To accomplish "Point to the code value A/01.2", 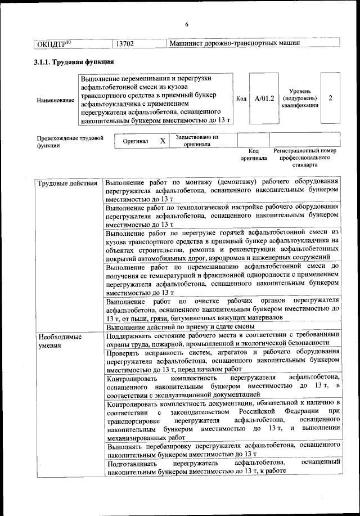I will (264, 98).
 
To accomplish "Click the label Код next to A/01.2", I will (241, 98).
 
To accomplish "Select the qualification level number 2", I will (330, 98).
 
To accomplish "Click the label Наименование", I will (55, 100).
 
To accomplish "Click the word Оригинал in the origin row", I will (136, 141).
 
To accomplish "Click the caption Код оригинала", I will (253, 154).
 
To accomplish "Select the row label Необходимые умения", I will (59, 341).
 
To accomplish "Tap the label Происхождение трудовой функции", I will (70, 141).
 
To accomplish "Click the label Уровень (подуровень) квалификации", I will (301, 98).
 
